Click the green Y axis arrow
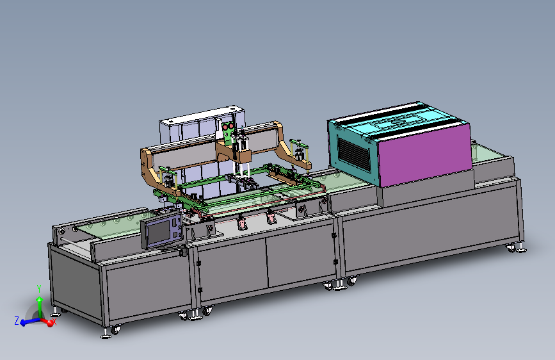coord(40,307)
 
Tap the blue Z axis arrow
coord(29,322)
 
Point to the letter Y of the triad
coord(39,288)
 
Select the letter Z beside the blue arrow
coord(16,321)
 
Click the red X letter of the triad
coord(54,322)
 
